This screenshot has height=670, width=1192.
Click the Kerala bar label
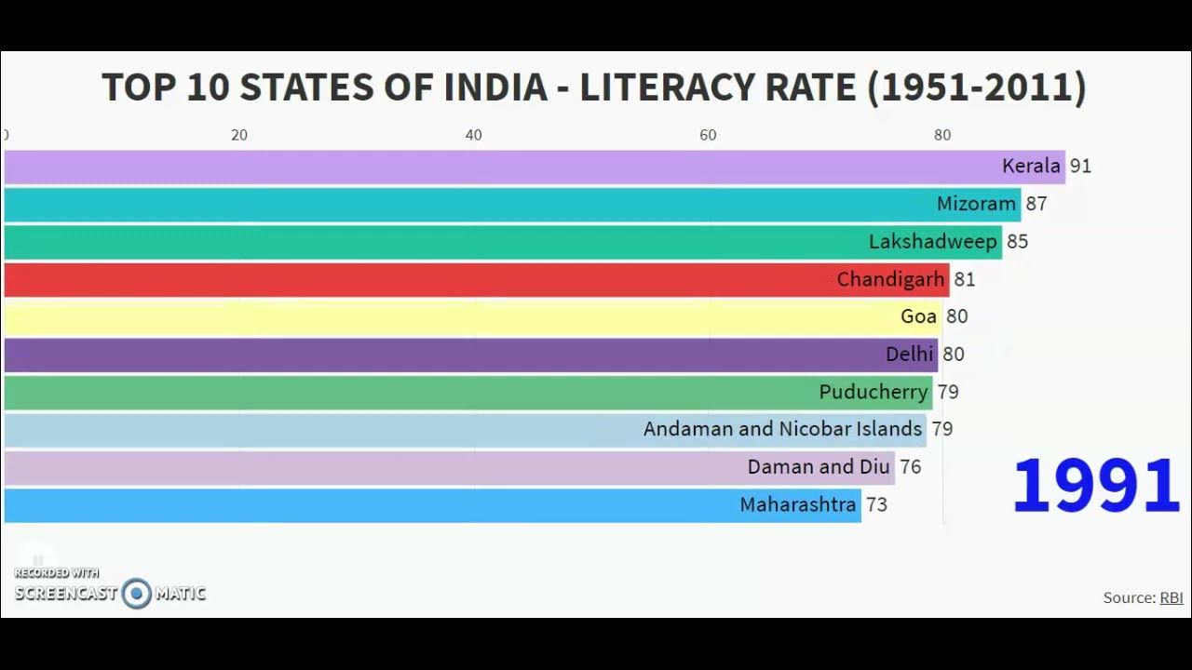1031,167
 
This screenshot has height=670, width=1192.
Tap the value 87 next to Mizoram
1036,204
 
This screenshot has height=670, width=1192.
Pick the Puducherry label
874,392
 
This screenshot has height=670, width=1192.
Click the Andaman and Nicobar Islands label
782,429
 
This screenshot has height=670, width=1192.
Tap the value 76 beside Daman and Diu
910,467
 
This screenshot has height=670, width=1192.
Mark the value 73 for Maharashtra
876,505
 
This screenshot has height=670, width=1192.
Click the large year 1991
1096,486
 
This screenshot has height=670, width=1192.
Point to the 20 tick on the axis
239,135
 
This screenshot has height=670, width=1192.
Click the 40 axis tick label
474,135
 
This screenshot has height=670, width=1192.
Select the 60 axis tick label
708,135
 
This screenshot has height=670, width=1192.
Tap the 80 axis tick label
942,135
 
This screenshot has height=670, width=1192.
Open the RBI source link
1171,598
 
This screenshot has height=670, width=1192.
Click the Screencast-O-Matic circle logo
136,594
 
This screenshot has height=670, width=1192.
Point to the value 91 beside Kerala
1080,167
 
